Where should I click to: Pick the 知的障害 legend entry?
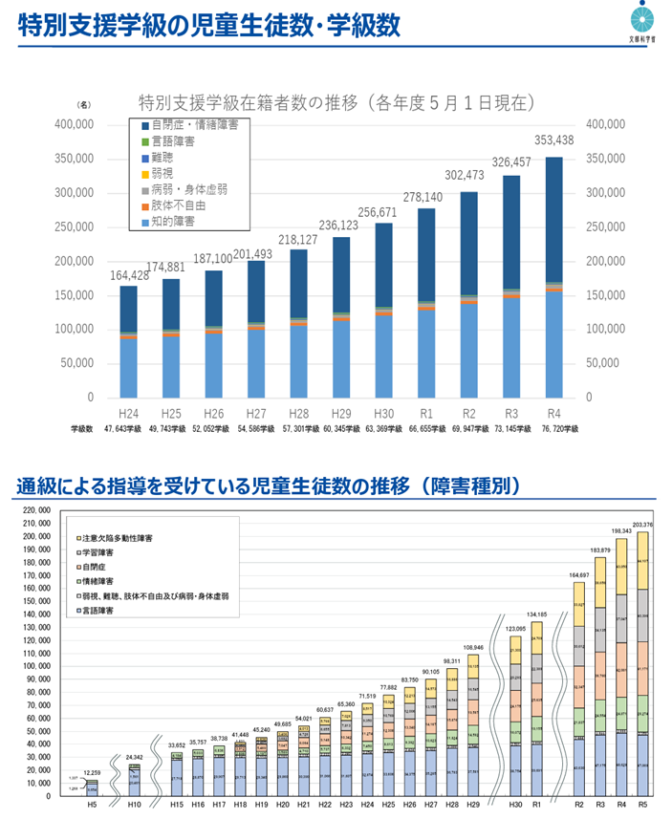(172, 222)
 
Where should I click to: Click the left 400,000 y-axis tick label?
(73, 124)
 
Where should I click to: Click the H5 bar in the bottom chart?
(92, 787)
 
